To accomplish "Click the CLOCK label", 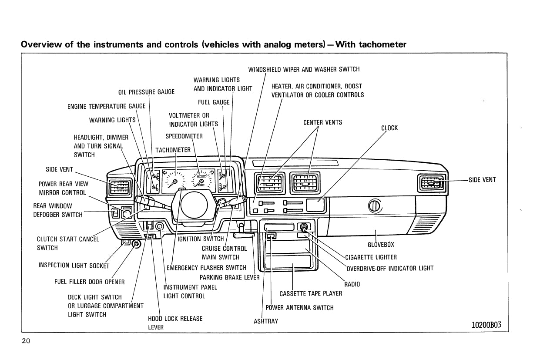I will point(389,128).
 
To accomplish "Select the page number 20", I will point(26,341).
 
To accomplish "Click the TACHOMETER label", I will point(173,150).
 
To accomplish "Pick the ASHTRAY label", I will point(265,321).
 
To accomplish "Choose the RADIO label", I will point(352,284).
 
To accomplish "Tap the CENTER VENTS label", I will point(322,122).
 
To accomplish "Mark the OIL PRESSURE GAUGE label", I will point(146,92).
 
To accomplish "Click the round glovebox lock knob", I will point(375,206).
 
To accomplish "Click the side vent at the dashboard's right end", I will point(431,183).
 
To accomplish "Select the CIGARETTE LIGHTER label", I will point(371,257).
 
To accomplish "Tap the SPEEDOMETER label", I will point(184,136).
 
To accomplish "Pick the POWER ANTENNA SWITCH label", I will point(299,308).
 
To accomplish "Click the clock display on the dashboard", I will point(316,205).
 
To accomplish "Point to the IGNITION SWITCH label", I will point(201,239).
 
